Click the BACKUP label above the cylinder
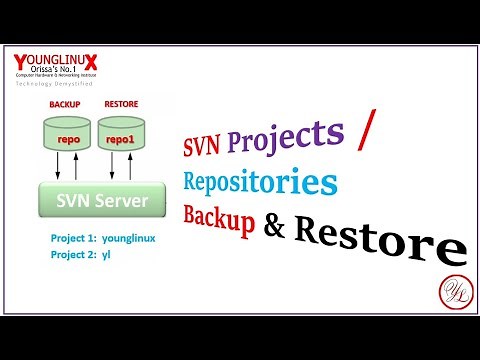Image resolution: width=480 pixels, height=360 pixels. [65, 103]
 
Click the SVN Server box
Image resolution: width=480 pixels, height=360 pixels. [101, 201]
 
